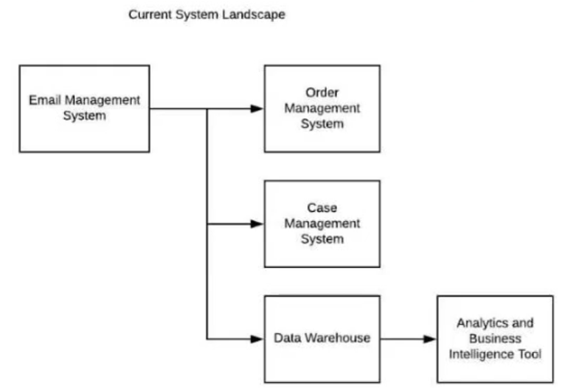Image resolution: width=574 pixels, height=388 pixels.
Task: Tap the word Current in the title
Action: (x=150, y=15)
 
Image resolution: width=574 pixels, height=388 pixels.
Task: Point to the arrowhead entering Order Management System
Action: (x=257, y=108)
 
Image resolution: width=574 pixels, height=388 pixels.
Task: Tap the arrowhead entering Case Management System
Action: (x=257, y=224)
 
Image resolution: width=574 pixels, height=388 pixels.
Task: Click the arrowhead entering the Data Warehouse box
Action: (x=257, y=339)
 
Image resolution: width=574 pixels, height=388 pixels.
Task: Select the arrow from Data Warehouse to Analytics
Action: (x=409, y=339)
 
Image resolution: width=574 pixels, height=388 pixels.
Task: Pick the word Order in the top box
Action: (x=322, y=92)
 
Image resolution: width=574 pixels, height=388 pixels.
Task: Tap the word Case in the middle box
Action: (x=322, y=207)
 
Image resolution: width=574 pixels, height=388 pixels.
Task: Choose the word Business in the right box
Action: (x=495, y=339)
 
